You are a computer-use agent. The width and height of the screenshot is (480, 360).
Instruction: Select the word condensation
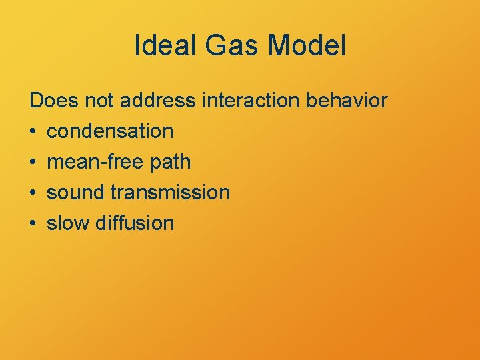point(110,131)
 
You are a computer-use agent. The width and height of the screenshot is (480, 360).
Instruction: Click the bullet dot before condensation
point(33,132)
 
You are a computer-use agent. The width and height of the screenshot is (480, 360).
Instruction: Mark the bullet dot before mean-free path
point(33,163)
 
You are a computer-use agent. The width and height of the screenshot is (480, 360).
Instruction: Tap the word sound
point(76,193)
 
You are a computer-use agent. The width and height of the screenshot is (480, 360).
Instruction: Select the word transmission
point(170,193)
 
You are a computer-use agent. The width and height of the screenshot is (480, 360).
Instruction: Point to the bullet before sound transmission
point(33,193)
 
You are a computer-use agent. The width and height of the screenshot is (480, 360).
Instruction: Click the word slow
point(69,223)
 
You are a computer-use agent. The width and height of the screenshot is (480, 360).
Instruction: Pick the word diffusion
point(135,223)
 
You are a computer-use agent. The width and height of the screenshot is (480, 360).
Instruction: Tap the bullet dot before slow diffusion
point(33,224)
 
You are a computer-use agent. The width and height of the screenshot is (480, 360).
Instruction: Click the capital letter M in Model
point(281,46)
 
